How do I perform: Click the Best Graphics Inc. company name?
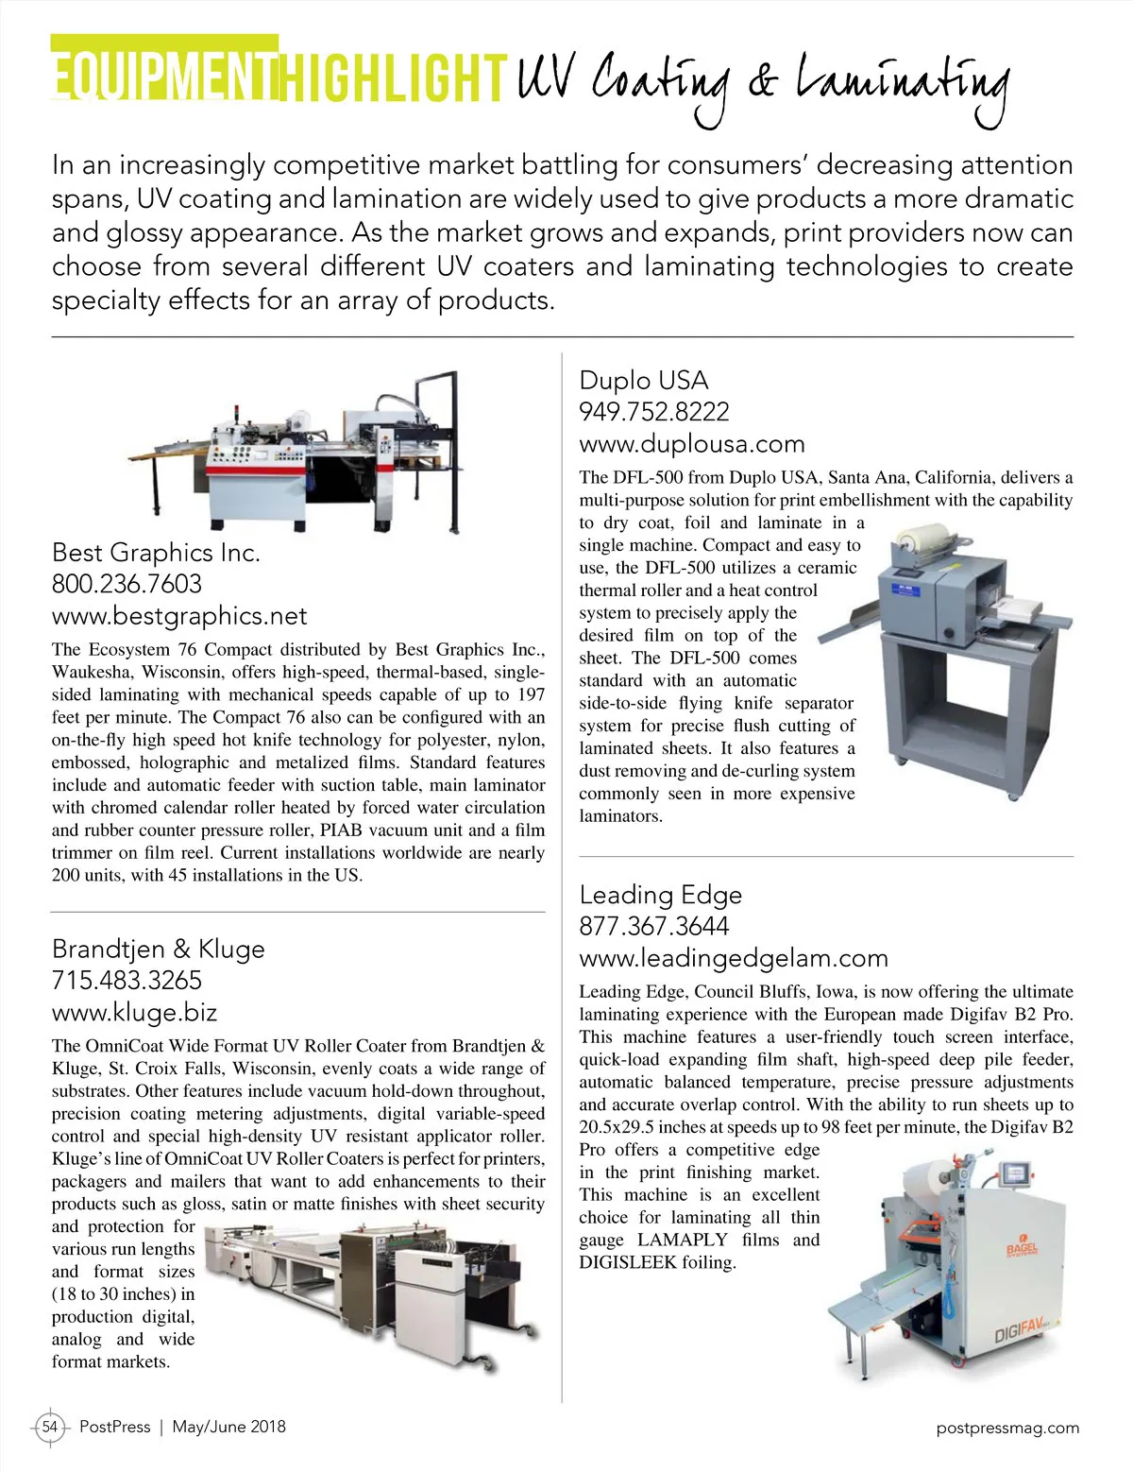[x=156, y=553]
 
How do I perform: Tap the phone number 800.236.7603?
[x=127, y=584]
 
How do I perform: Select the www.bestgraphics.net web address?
[x=179, y=616]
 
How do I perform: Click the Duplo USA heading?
[x=643, y=381]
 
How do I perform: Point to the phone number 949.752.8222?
[x=653, y=412]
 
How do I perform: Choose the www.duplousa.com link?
[x=691, y=444]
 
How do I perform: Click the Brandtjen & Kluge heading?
[x=158, y=949]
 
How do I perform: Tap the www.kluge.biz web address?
[x=134, y=1013]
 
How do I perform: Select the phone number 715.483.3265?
[x=127, y=981]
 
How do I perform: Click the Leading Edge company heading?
[x=660, y=895]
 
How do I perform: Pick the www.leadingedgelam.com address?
[x=733, y=958]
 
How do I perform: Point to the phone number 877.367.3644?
[x=653, y=926]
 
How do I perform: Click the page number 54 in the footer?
[x=50, y=1427]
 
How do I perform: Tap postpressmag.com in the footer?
[x=1007, y=1428]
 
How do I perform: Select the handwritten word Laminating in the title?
[x=903, y=85]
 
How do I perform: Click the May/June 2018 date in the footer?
[x=228, y=1427]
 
